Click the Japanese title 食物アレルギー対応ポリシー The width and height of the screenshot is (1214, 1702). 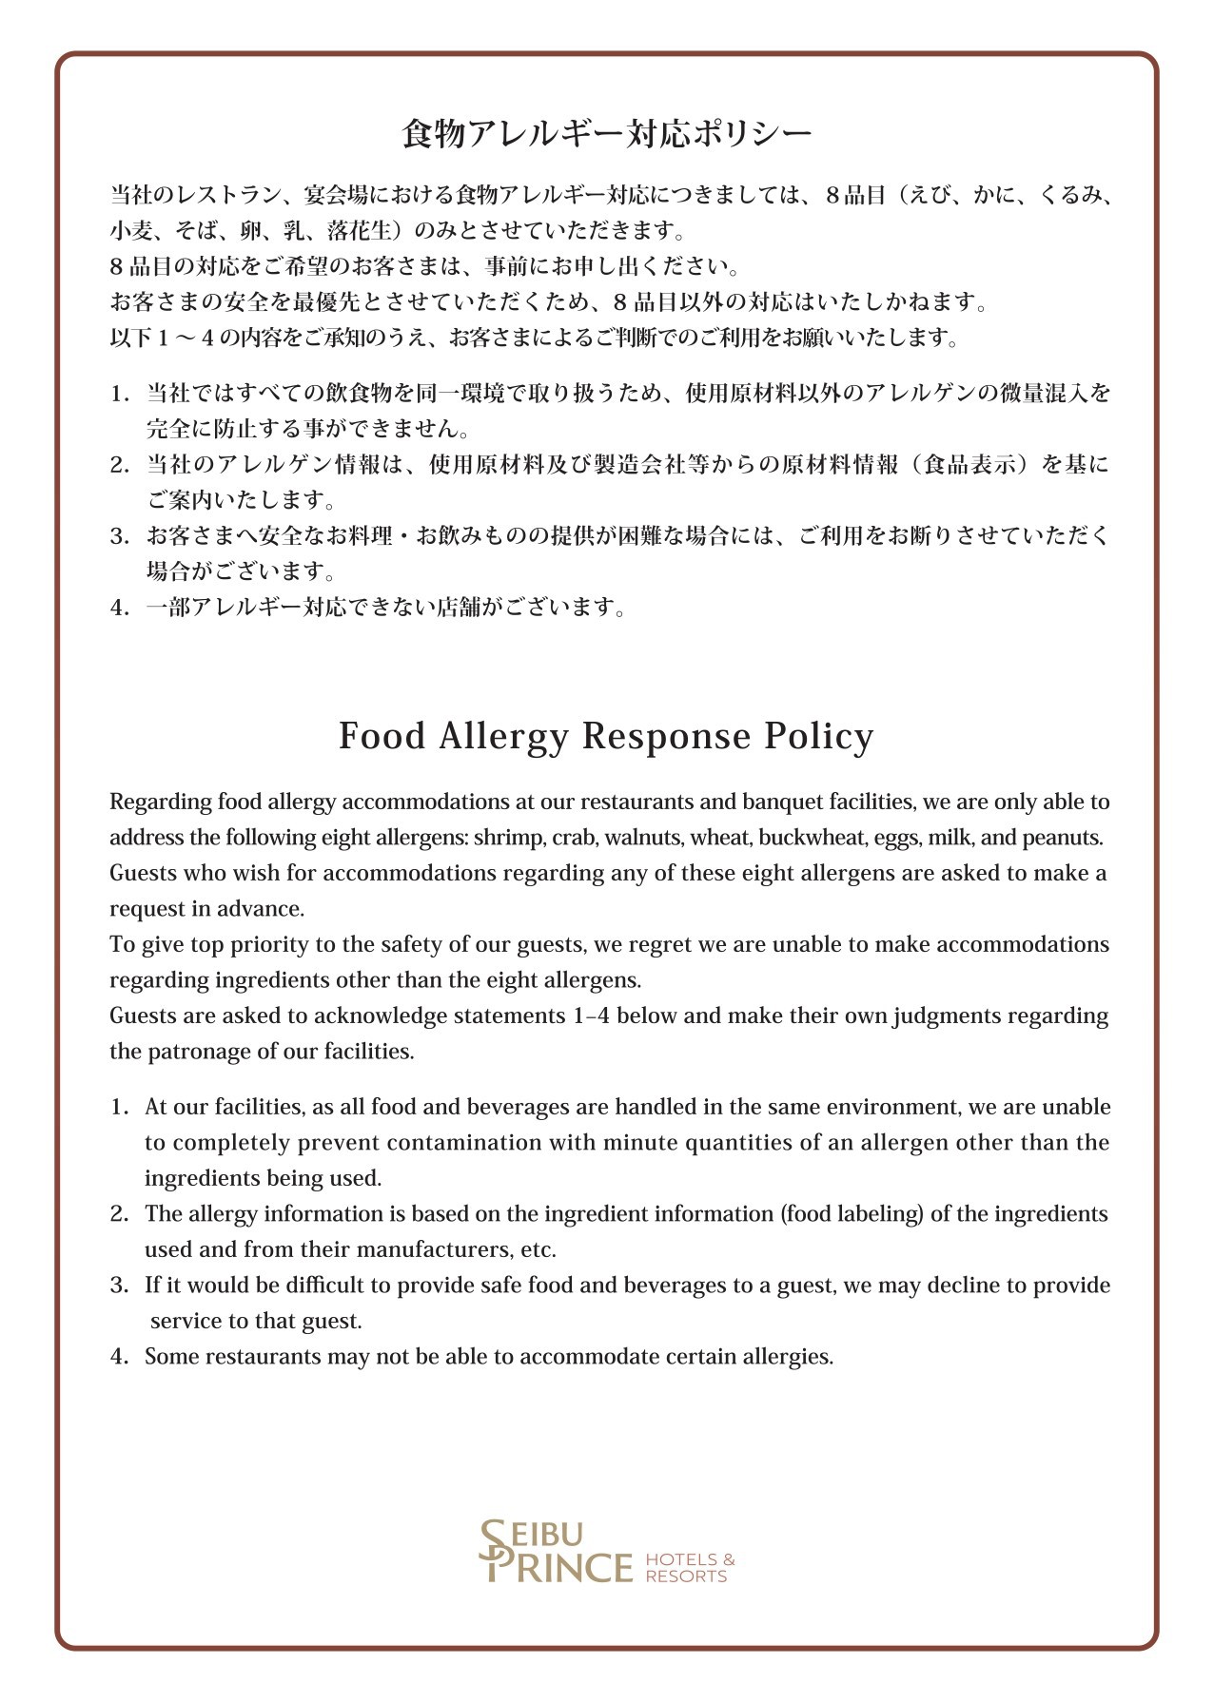pos(606,134)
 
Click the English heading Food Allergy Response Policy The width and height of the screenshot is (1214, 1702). pos(606,737)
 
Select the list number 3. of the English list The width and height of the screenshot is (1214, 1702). pos(119,1286)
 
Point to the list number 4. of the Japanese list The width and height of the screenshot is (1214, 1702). pos(119,608)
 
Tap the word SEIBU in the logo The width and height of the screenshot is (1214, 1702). pos(538,1534)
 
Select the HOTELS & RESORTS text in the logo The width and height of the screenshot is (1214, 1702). pos(689,1568)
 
